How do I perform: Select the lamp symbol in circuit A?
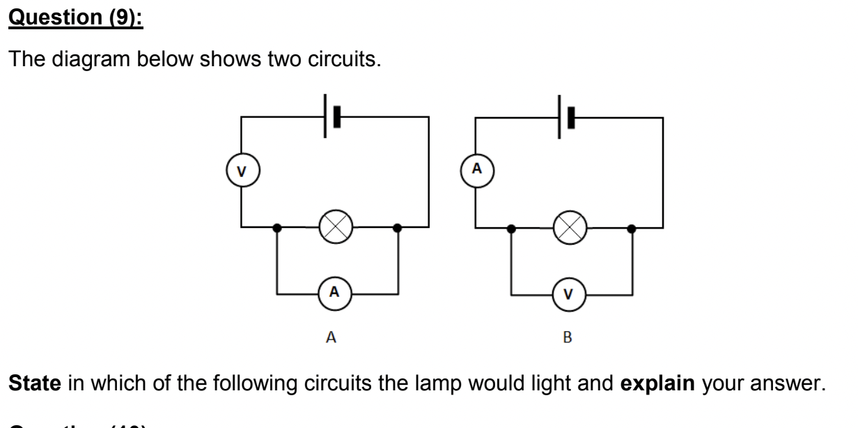(336, 227)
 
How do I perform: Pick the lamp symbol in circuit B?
(570, 227)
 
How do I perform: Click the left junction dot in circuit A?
(277, 227)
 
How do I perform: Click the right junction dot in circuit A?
(397, 227)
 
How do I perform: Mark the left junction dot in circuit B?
(511, 227)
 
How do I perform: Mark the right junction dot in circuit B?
(631, 227)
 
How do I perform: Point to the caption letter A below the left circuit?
(331, 338)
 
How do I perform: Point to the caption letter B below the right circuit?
(567, 338)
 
